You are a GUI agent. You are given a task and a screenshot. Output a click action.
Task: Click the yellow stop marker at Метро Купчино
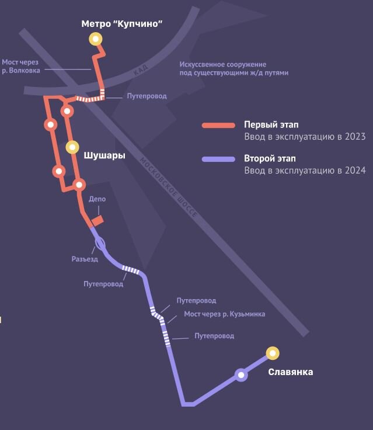point(95,39)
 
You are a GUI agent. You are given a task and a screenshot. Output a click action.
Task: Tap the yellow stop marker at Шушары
point(72,147)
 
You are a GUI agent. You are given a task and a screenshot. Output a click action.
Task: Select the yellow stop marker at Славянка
point(272,353)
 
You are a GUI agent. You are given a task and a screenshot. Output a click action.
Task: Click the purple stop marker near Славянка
point(240,375)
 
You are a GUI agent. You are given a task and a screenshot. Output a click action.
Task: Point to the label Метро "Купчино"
point(121,23)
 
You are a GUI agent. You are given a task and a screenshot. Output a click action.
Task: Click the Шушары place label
point(104,155)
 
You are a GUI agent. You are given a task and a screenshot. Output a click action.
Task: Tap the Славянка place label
point(290,372)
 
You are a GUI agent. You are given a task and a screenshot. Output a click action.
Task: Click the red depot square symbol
point(97,220)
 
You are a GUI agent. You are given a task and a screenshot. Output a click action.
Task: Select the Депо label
point(97,199)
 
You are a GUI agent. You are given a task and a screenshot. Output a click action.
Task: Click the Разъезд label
point(85,259)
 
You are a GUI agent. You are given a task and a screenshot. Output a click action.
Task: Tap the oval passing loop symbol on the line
point(100,242)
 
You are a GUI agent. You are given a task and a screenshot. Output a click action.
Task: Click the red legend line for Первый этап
point(218,126)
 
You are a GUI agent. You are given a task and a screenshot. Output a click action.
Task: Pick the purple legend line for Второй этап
point(218,159)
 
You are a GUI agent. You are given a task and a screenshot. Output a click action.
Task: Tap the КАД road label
point(141,70)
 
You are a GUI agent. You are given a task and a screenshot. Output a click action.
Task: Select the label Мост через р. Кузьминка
point(224,314)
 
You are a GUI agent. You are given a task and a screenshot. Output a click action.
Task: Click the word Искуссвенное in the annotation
point(202,64)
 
